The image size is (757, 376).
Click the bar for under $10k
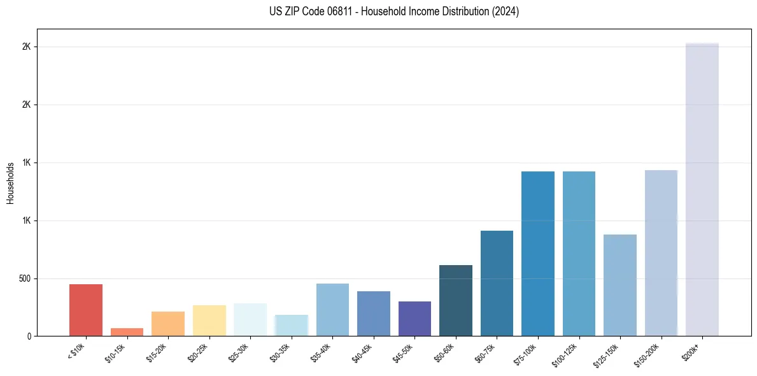86,310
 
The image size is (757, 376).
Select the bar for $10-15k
127,332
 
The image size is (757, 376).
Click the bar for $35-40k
332,310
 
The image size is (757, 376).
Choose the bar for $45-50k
414,319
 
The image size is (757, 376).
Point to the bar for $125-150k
620,285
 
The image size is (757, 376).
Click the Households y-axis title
10,183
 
